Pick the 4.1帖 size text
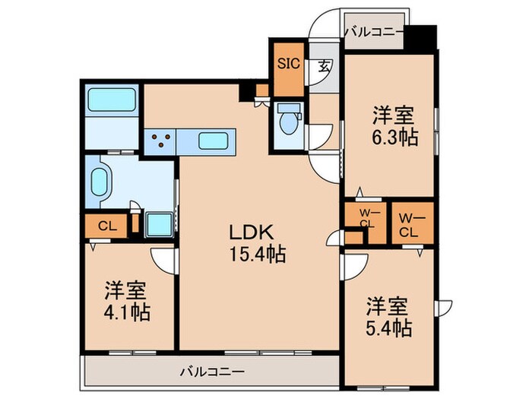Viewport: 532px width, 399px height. [x=126, y=312]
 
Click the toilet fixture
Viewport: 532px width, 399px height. [x=290, y=121]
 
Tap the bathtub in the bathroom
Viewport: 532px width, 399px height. [x=111, y=100]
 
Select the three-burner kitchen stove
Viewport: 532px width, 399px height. [x=160, y=141]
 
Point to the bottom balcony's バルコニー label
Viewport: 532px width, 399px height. [x=212, y=372]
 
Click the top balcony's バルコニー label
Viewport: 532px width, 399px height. [x=373, y=32]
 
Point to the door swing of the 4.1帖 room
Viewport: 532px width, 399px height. [x=163, y=262]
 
